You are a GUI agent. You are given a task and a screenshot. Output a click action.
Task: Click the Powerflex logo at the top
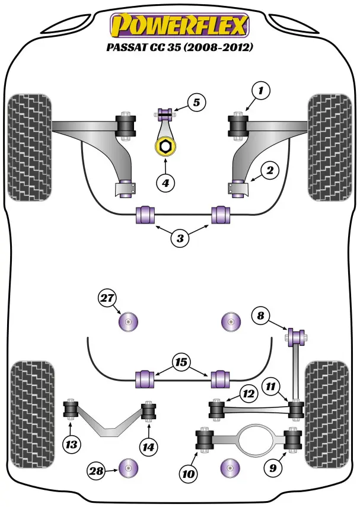click(x=180, y=25)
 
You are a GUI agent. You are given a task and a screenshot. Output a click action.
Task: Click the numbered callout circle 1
click(x=260, y=91)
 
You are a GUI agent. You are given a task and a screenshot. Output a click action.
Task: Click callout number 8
click(x=260, y=315)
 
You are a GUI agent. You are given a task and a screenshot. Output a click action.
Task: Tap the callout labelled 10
click(x=188, y=473)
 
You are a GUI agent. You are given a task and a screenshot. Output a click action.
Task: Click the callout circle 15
click(x=180, y=361)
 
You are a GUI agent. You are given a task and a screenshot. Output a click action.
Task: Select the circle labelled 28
click(x=96, y=471)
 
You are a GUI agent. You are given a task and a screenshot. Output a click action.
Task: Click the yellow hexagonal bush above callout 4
click(x=165, y=146)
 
